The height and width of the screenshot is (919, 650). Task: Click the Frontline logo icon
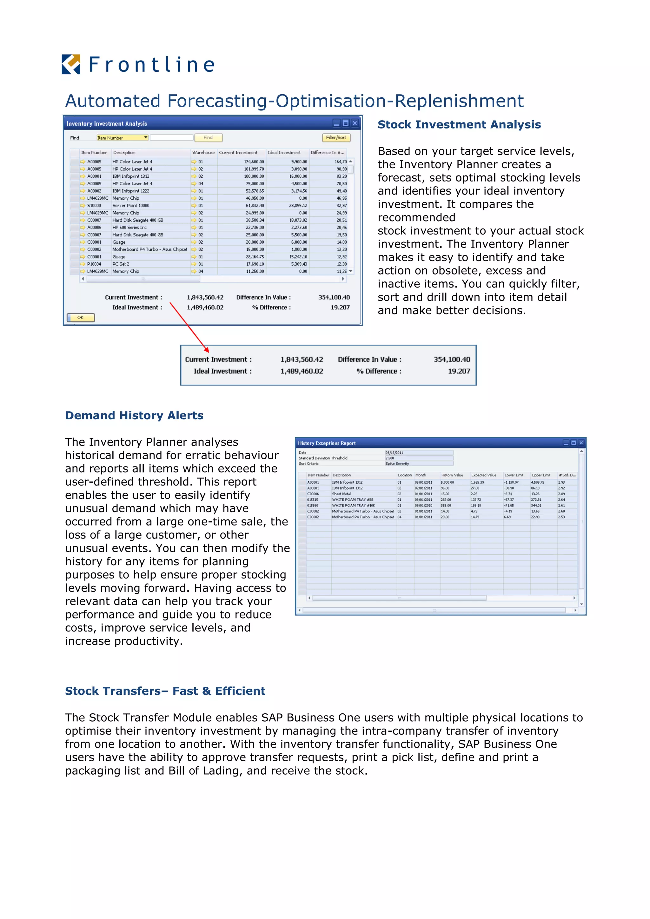click(71, 64)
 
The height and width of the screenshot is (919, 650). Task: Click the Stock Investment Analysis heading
click(459, 124)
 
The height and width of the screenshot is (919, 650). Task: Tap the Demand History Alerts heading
click(134, 415)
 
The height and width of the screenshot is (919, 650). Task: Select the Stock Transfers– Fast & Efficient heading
click(165, 691)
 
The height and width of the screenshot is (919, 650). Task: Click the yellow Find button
click(208, 138)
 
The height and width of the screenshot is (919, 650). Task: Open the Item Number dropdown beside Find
click(146, 138)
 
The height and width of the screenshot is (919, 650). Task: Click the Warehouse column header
click(203, 153)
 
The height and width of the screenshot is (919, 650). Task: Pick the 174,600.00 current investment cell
click(254, 162)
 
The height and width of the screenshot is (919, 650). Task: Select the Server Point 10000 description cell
click(131, 206)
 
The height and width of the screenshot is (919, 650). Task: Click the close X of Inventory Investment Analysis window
click(355, 123)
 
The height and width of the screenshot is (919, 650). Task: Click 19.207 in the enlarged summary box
click(459, 371)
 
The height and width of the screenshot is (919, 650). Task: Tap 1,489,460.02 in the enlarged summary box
click(302, 371)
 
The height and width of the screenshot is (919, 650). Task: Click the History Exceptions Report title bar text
click(327, 443)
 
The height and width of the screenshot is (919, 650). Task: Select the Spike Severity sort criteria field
click(419, 464)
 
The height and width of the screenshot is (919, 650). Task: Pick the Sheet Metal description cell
click(342, 494)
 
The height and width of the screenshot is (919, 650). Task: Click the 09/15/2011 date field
click(419, 453)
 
